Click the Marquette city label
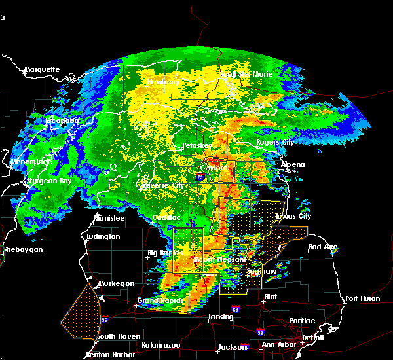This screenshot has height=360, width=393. [x=42, y=69]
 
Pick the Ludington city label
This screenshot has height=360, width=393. [x=103, y=236]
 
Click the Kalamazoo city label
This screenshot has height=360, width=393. [x=162, y=345]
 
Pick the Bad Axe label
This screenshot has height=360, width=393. [x=323, y=247]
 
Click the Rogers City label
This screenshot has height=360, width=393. [x=275, y=142]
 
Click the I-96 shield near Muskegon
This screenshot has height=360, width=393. [x=104, y=319]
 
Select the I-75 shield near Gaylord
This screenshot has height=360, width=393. [x=199, y=176]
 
